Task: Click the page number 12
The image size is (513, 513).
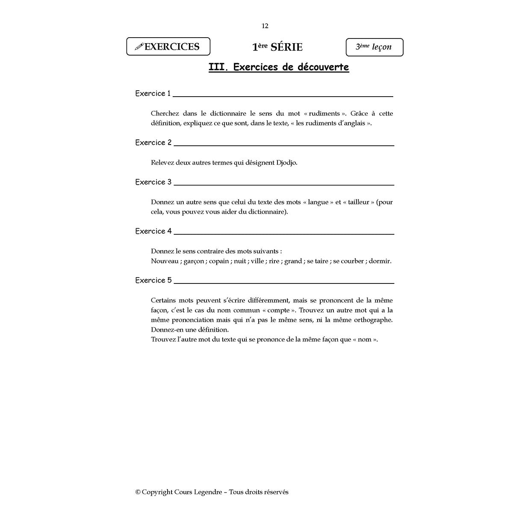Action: [x=265, y=26]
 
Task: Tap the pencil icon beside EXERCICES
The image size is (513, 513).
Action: [x=139, y=47]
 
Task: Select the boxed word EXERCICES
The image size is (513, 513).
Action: [x=172, y=47]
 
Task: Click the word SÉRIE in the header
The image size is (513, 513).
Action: [x=286, y=47]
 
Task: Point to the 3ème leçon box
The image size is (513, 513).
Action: [x=374, y=47]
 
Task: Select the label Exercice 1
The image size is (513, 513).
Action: [x=153, y=94]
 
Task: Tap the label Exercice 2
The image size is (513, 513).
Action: [x=153, y=143]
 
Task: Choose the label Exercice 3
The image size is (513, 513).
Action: [x=153, y=182]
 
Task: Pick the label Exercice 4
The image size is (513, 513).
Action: [x=153, y=231]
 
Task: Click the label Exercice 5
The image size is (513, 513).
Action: [x=153, y=280]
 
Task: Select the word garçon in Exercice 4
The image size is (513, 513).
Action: [x=194, y=261]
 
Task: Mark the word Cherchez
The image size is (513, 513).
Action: [x=165, y=114]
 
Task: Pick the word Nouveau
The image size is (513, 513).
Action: [x=165, y=261]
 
